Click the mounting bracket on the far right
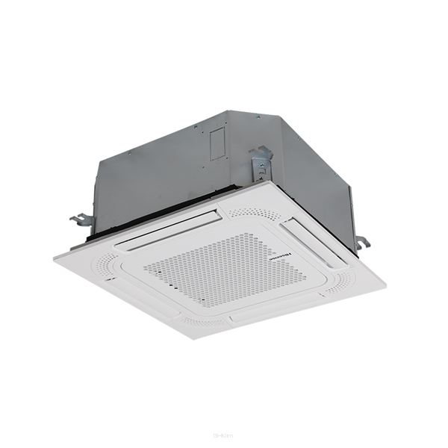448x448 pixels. pos(361,241)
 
